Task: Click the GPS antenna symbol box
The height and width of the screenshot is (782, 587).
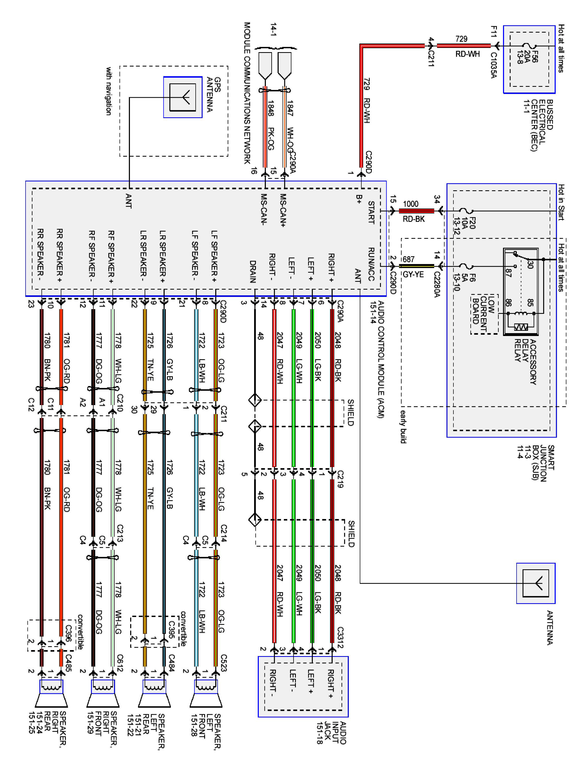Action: [x=183, y=97]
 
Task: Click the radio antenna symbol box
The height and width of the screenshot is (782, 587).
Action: [x=536, y=583]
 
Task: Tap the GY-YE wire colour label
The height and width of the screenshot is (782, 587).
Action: [x=413, y=274]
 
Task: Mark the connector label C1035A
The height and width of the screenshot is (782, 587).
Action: [x=494, y=65]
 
